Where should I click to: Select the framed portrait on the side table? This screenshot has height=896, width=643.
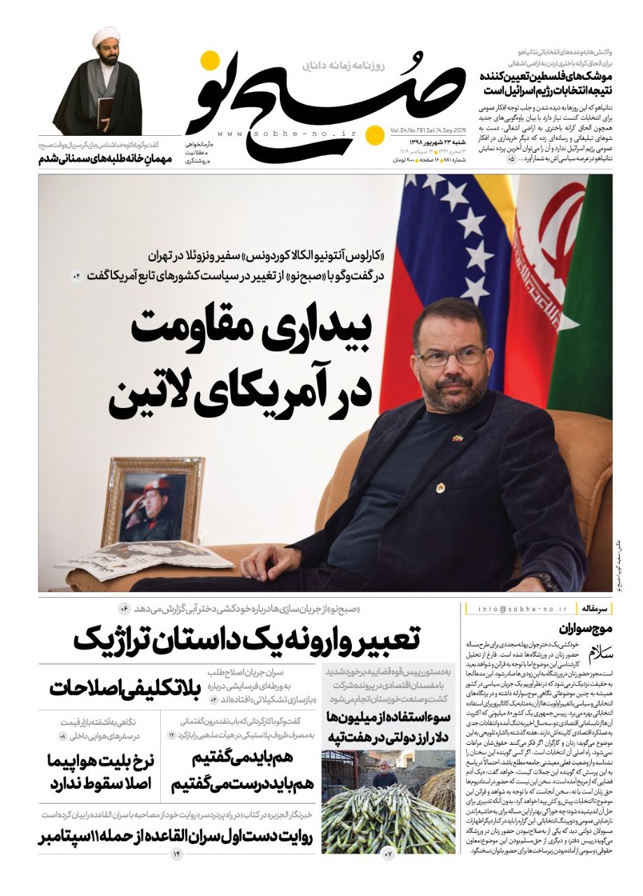click(153, 499)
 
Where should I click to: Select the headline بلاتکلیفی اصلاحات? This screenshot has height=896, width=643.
click(125, 687)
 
